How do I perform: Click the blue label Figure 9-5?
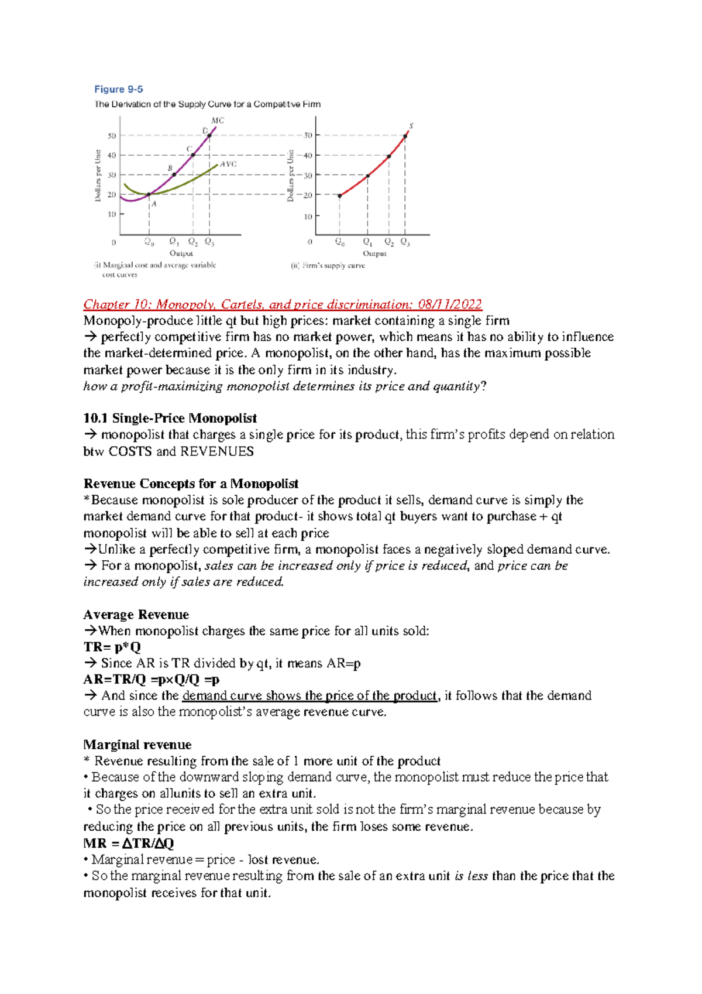119,90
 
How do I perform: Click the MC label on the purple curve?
217,121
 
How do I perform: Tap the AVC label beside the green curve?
228,164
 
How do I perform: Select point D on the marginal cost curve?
209,135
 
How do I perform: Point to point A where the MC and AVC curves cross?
149,194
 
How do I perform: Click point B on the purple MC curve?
174,174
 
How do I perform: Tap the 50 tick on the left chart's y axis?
112,136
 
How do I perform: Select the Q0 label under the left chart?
149,242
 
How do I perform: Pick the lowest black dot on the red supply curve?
340,196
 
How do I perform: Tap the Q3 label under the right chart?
405,242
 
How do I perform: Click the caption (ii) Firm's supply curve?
328,266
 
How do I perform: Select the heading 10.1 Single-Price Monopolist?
170,419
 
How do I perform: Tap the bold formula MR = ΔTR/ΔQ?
129,844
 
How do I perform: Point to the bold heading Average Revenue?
136,615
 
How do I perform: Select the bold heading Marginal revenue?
137,745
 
